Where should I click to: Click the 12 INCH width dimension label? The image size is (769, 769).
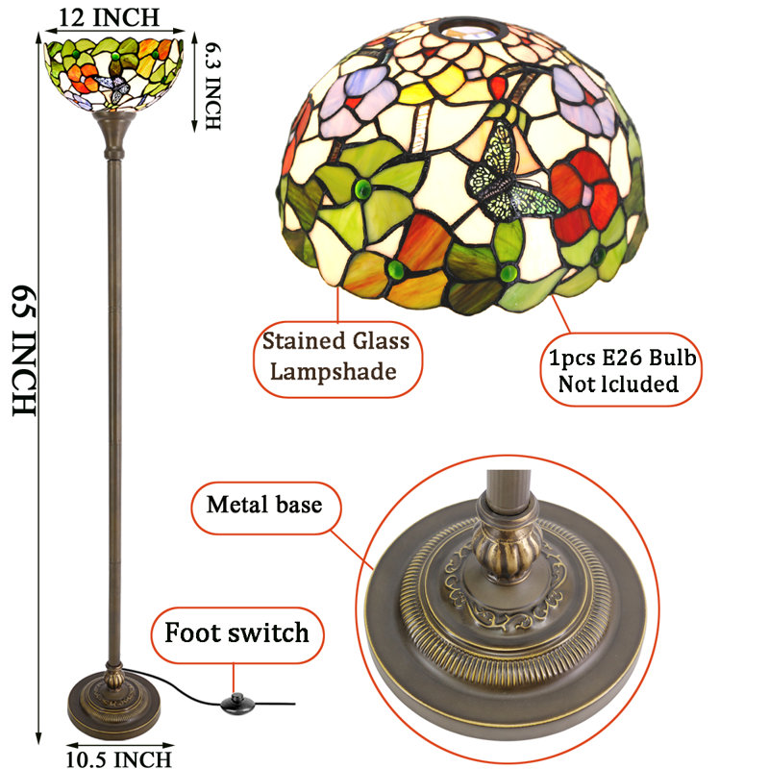pos(109,17)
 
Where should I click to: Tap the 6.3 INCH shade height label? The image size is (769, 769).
pos(212,87)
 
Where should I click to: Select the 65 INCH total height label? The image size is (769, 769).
pos(24,350)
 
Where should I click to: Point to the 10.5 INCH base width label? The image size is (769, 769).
pos(118,759)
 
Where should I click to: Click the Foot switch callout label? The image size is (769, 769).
pos(236,633)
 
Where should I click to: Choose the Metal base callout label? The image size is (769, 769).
pos(265,506)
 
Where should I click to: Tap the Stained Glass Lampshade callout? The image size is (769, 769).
pos(336,357)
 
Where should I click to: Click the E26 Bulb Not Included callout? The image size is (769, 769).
pos(621,370)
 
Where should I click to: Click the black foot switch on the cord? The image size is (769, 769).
pos(236,704)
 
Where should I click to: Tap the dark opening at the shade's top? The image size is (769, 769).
pos(468,31)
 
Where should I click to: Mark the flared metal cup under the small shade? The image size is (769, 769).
pos(113,132)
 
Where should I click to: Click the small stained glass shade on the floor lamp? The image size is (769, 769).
pos(113,74)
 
